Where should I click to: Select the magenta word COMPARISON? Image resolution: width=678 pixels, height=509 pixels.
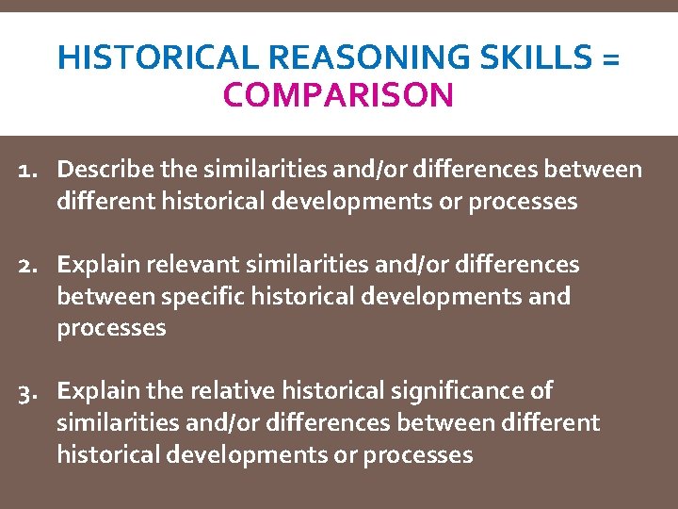(x=339, y=94)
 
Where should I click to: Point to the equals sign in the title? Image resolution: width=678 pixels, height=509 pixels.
(x=609, y=59)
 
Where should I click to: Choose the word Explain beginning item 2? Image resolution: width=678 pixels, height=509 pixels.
(x=98, y=265)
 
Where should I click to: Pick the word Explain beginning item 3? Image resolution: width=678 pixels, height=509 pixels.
(x=98, y=391)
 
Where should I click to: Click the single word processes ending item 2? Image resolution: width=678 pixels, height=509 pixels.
(x=111, y=328)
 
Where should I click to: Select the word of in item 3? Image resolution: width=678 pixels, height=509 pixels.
(x=541, y=391)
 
